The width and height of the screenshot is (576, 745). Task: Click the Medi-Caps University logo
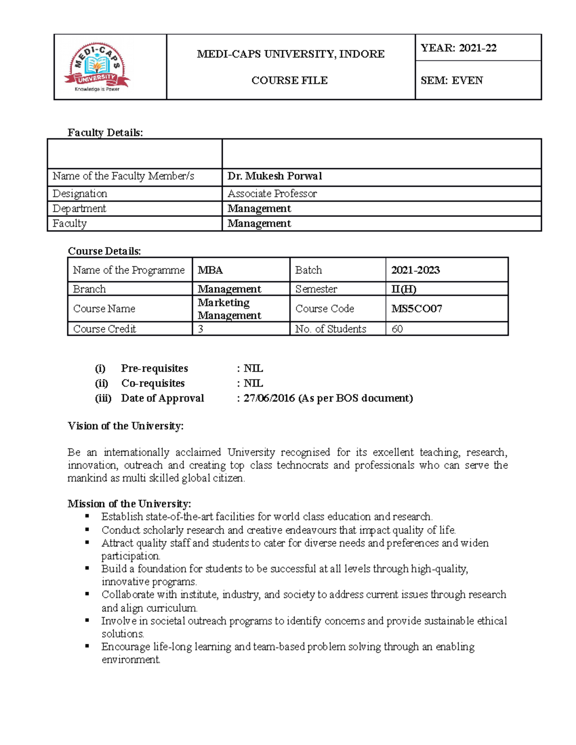coord(97,67)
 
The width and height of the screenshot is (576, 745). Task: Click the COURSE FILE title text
coord(289,81)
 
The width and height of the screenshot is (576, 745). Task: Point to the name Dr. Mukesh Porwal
coord(275,176)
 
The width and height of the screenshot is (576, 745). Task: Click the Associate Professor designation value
coord(272,194)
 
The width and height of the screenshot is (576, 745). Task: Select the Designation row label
coord(80,194)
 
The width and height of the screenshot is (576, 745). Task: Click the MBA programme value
coord(210,270)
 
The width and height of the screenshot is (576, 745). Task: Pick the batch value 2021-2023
coord(415,270)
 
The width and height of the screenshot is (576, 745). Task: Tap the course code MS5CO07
coord(416,308)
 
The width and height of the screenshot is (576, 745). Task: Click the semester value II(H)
coord(404,289)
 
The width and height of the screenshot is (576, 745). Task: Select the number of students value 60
coord(397,329)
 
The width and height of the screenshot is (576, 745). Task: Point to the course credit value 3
coord(201,329)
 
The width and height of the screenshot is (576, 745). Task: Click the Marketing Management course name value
coord(229,309)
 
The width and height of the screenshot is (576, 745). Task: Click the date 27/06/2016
coord(269,398)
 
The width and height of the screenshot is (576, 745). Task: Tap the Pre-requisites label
coord(154,368)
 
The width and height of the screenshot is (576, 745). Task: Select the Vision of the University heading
coord(125,426)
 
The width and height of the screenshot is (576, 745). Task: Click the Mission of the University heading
coord(129,504)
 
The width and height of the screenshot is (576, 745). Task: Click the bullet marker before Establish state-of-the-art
coord(87,516)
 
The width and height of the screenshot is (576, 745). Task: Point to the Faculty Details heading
coord(105,133)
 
